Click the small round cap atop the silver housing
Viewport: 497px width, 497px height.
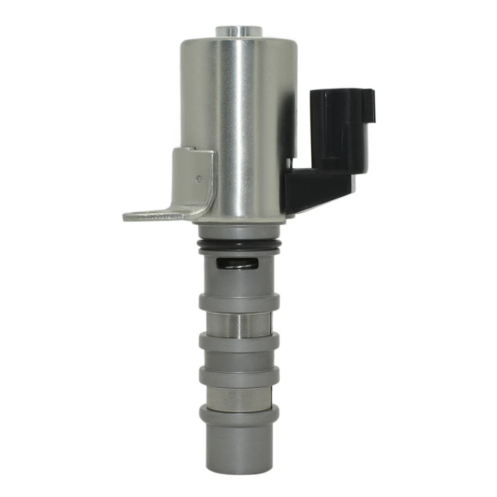(239, 31)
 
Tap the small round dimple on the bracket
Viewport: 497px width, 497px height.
(199, 179)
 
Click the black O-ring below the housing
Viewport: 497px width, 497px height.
(240, 244)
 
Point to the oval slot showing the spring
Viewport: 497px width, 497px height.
(237, 264)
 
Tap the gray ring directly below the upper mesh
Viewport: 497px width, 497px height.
(239, 342)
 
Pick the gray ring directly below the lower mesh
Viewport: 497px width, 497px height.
(239, 414)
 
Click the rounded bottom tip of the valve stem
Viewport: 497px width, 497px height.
(239, 463)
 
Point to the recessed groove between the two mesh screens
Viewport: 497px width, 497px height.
(239, 358)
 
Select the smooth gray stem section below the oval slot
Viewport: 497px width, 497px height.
(239, 282)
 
